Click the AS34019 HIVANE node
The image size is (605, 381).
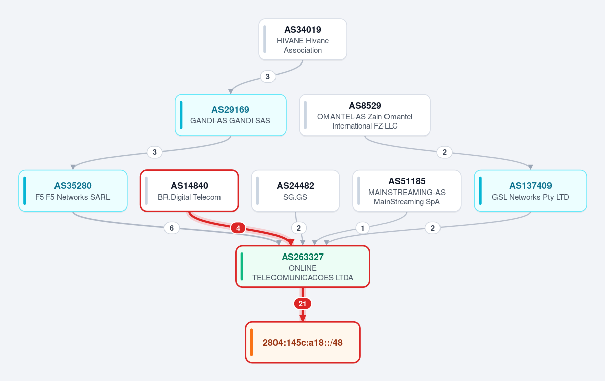coord(303,39)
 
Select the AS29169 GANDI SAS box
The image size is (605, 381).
coord(231,115)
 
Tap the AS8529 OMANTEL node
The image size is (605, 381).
coord(365,115)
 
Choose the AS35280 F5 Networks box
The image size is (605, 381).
coord(73,190)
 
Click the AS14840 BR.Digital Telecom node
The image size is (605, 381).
coord(189,190)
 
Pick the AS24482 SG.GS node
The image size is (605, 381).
coord(295,190)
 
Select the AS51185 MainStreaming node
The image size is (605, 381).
coord(407,190)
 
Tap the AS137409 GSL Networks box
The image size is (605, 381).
coord(530,190)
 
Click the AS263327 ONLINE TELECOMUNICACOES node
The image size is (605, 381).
coord(303,267)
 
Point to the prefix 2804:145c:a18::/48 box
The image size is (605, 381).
coord(303,342)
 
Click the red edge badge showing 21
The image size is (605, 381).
coord(303,304)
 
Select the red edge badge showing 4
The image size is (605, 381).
coord(238,228)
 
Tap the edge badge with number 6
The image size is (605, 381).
coord(172,228)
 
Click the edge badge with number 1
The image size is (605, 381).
coord(362,228)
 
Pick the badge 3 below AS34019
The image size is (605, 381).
coord(268,76)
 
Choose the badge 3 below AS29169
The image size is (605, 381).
coord(155,152)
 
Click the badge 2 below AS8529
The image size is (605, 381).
coord(445,152)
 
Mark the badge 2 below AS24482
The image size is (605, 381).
coord(299,228)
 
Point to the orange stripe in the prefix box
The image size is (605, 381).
coord(252,342)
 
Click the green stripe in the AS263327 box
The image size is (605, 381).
coord(242,267)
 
